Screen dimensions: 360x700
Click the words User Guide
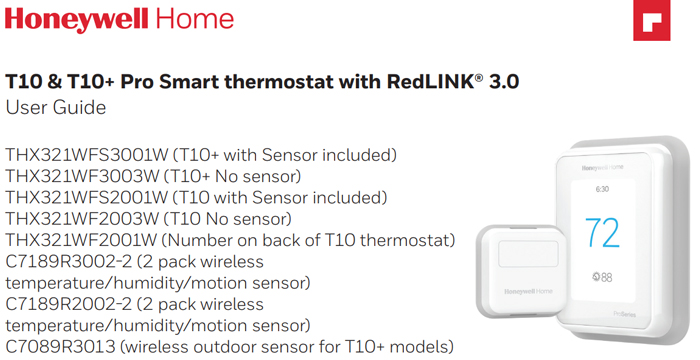[x=56, y=107]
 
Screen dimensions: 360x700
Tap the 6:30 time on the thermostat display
[x=602, y=188]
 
